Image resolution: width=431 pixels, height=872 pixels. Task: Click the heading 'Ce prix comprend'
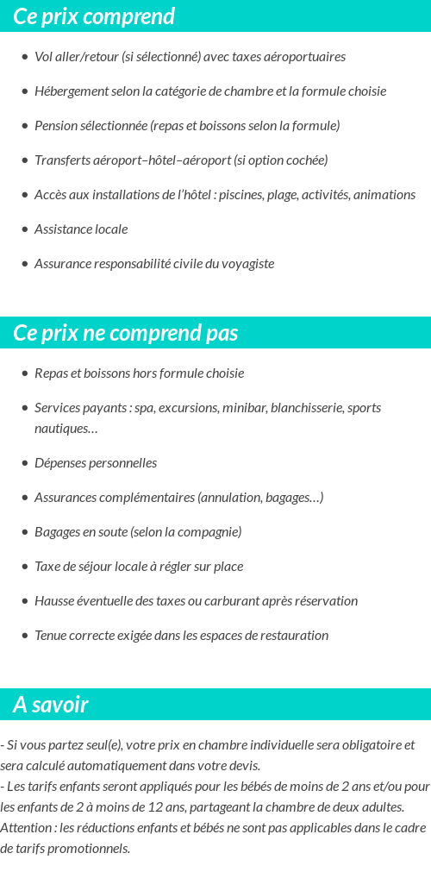pyautogui.click(x=94, y=16)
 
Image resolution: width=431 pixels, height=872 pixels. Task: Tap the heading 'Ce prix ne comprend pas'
pyautogui.click(x=126, y=333)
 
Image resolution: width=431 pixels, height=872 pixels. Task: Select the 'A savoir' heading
pyautogui.click(x=51, y=705)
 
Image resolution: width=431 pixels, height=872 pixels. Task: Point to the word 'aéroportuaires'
pyautogui.click(x=306, y=57)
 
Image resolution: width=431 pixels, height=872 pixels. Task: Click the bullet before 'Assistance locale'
pyautogui.click(x=25, y=229)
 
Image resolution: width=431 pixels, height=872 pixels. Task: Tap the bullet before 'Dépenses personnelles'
pyautogui.click(x=25, y=463)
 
